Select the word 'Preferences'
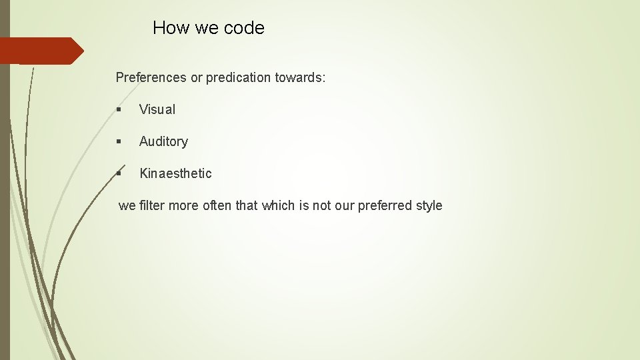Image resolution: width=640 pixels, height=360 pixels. pyautogui.click(x=151, y=77)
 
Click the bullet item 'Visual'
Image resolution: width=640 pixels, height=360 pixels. pyautogui.click(x=157, y=109)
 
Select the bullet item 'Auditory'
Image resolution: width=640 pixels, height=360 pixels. pyautogui.click(x=163, y=141)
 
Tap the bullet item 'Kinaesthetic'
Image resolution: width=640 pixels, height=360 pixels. pyautogui.click(x=175, y=173)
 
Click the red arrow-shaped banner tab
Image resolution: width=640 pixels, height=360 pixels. pyautogui.click(x=40, y=51)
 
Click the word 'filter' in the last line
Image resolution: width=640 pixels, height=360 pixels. pyautogui.click(x=151, y=205)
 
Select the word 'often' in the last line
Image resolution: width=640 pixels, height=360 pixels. pyautogui.click(x=217, y=205)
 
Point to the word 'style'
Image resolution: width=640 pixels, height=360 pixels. pyautogui.click(x=429, y=205)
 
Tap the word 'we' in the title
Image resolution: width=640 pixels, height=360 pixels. pyautogui.click(x=204, y=28)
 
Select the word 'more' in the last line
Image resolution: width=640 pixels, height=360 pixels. pyautogui.click(x=183, y=205)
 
